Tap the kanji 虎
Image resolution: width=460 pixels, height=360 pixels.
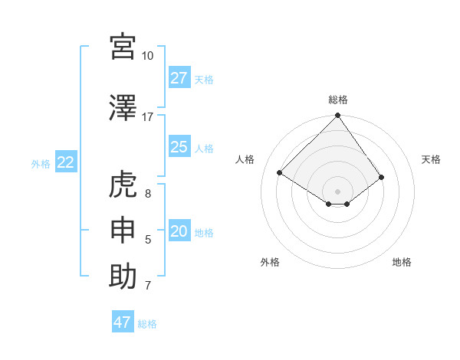123,185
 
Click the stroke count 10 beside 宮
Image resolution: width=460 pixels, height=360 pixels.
147,56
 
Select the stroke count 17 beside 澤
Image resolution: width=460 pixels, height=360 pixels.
147,117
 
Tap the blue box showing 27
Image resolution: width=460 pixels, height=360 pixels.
179,78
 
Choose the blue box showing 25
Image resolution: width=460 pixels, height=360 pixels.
179,147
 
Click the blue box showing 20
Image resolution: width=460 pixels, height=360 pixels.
179,232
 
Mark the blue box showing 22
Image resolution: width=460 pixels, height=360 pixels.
66,162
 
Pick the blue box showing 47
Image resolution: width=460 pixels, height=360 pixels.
123,322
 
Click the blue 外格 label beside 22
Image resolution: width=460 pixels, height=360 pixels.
41,163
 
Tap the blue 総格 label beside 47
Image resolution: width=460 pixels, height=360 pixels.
147,324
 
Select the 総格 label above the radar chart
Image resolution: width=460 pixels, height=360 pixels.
338,100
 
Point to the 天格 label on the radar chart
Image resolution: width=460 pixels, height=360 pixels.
431,159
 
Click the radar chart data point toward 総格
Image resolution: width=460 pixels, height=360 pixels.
337,116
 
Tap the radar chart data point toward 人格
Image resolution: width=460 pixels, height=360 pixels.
280,173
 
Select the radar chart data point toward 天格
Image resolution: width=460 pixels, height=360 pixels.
381,177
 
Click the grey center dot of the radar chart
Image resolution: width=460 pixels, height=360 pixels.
337,190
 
